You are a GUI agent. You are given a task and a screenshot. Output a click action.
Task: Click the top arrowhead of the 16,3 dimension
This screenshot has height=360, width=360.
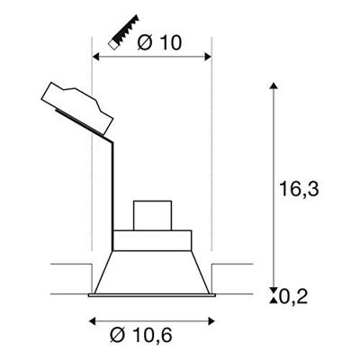tap(274, 85)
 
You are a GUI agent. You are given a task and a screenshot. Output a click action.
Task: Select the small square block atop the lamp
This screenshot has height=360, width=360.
tap(152, 216)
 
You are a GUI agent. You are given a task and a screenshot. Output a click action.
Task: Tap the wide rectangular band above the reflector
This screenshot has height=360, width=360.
tap(152, 241)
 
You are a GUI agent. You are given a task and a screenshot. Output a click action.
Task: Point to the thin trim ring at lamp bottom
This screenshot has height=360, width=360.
tap(152, 294)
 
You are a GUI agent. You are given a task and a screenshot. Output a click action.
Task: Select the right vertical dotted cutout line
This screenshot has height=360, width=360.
tap(211, 162)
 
